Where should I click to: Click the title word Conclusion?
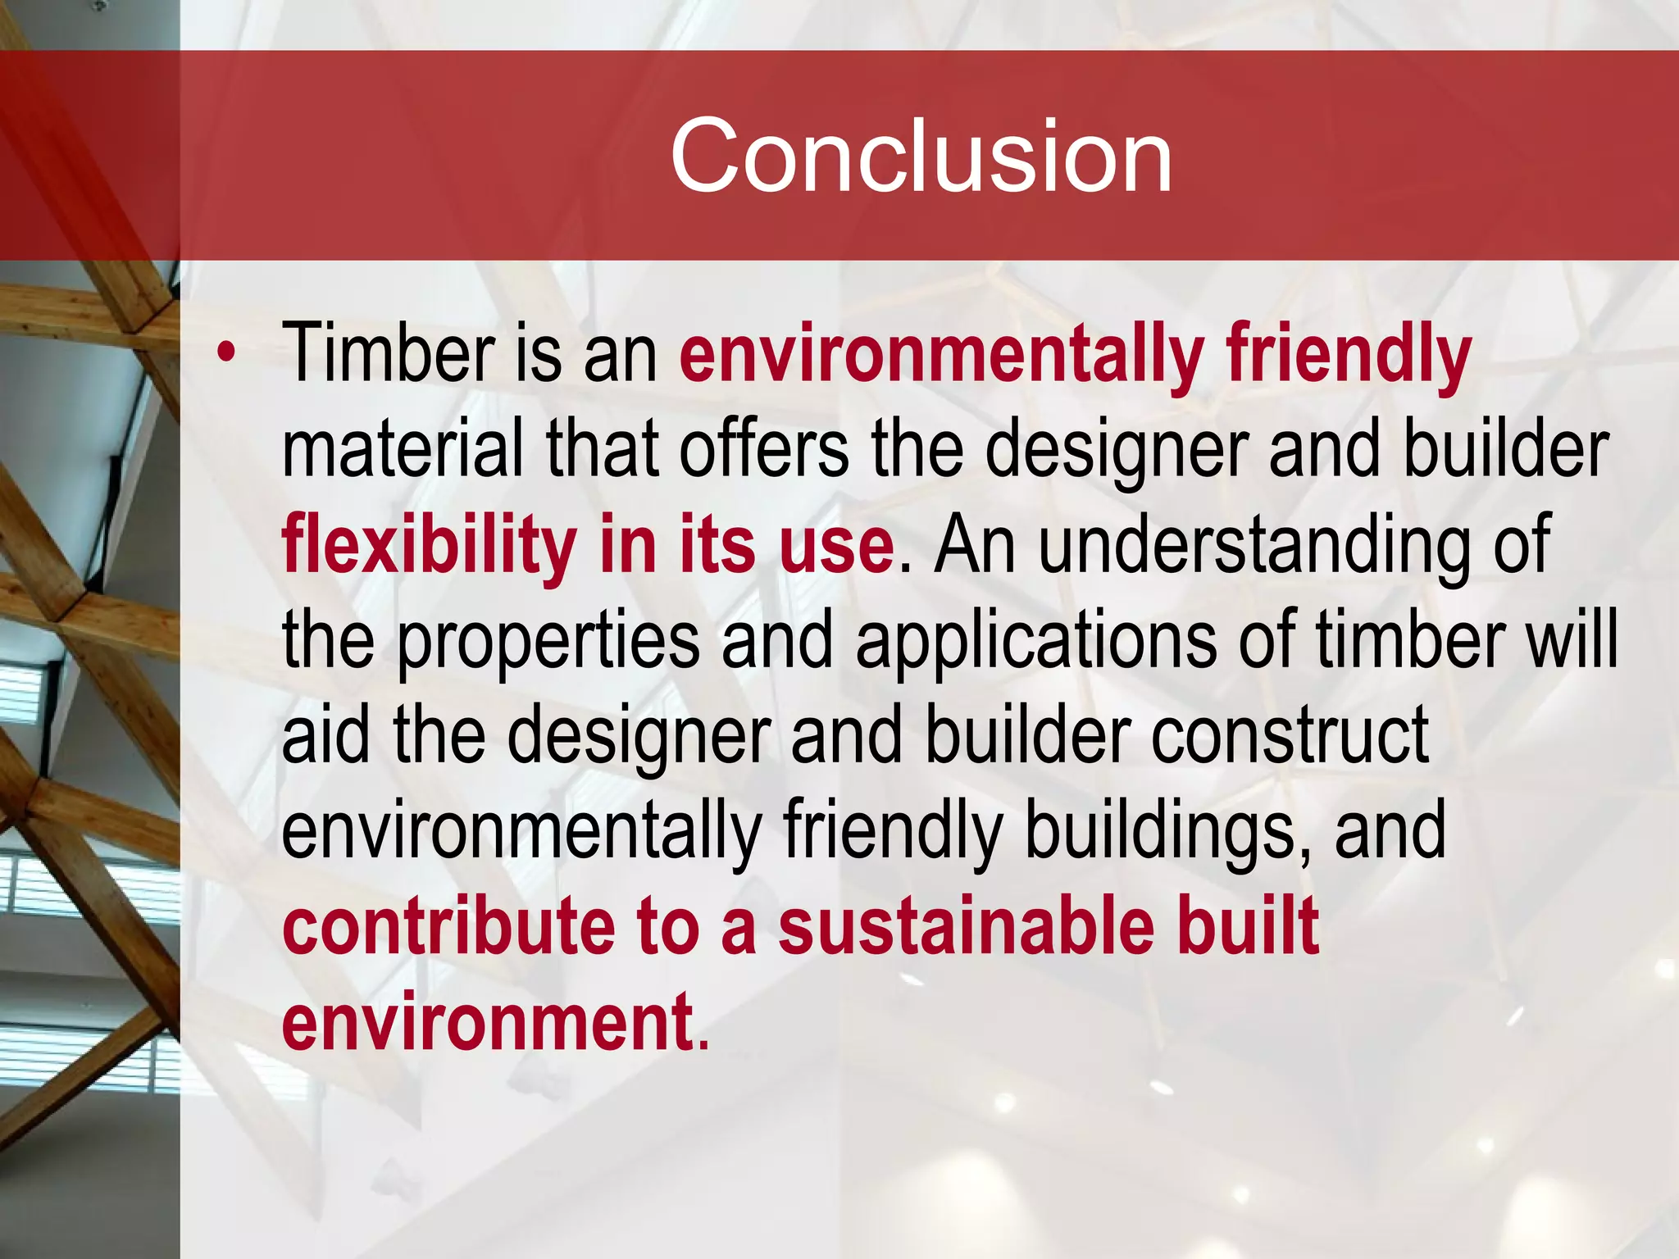click(921, 156)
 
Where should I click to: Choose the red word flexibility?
click(429, 544)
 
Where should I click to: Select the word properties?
click(548, 642)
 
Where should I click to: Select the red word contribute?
click(448, 925)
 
